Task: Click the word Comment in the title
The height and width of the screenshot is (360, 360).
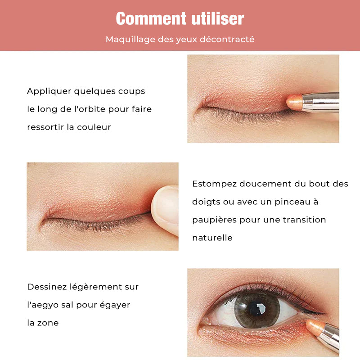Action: click(151, 18)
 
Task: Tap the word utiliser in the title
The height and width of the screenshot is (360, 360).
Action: click(218, 18)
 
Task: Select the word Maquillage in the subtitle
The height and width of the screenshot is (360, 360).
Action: click(130, 40)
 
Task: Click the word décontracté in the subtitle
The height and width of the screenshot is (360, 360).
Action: click(227, 39)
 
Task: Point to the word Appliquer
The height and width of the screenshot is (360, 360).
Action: click(49, 91)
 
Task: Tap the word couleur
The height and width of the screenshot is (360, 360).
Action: click(94, 127)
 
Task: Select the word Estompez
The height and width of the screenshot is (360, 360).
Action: click(215, 184)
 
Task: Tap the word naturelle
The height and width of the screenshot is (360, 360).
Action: click(212, 238)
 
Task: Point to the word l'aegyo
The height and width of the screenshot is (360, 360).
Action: click(43, 305)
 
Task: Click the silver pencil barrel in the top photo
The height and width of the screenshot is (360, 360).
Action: click(321, 102)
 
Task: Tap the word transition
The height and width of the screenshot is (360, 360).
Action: click(304, 220)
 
